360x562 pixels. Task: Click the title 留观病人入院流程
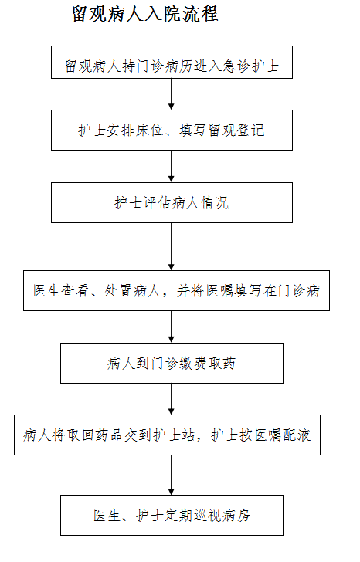click(145, 14)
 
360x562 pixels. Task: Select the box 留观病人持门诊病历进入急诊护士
click(172, 62)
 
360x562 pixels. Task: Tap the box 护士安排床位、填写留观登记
click(172, 130)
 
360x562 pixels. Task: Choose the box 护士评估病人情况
click(172, 202)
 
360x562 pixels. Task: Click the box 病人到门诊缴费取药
click(172, 363)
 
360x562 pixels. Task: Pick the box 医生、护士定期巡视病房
click(172, 516)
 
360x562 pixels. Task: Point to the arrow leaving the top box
click(172, 94)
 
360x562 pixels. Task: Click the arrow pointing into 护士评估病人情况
click(172, 166)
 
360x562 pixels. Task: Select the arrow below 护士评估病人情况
click(172, 246)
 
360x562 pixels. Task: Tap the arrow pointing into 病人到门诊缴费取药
click(172, 327)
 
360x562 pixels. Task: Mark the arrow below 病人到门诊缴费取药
click(172, 399)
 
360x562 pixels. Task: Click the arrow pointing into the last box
click(172, 476)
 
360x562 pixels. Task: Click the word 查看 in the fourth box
click(75, 291)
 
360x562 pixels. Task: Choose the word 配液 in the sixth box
click(297, 435)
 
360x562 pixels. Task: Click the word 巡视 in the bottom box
click(208, 516)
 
